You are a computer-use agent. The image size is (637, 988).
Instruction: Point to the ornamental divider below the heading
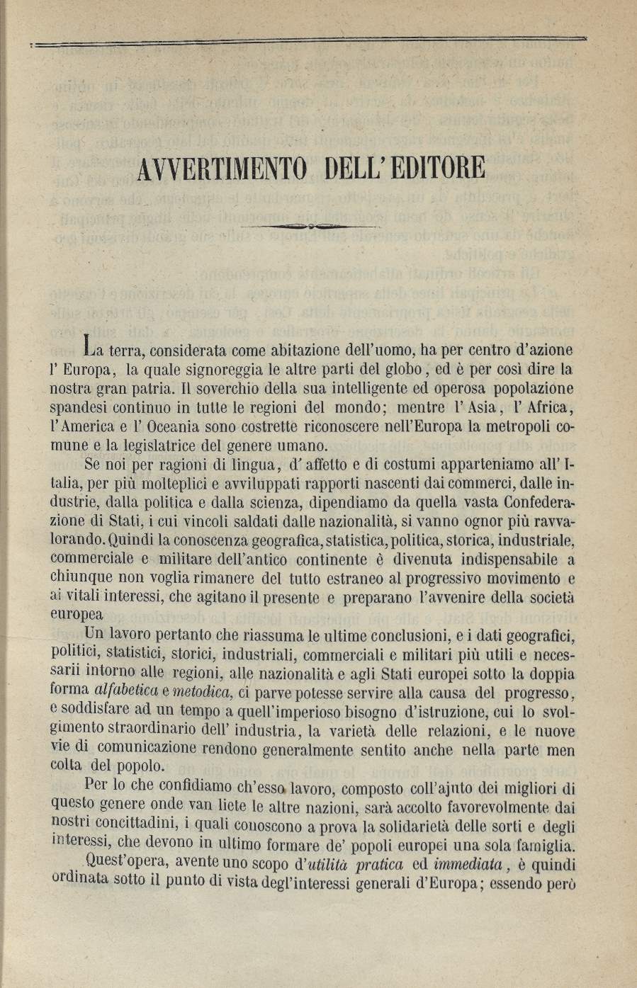click(x=310, y=226)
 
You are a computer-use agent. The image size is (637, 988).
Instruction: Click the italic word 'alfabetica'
click(x=125, y=691)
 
